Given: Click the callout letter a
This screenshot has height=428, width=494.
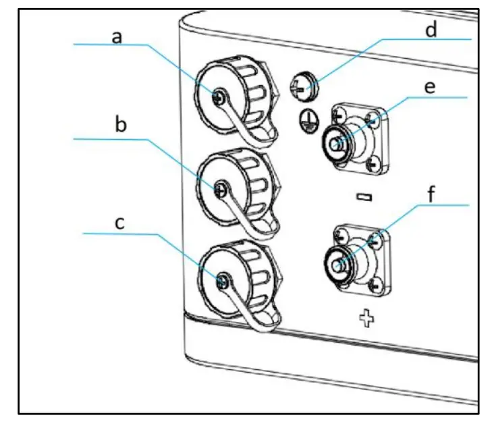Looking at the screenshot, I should coord(116,37).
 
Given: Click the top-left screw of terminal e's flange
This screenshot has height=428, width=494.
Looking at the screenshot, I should coord(335,112).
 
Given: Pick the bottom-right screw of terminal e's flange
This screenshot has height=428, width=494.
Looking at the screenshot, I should coord(370,164).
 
